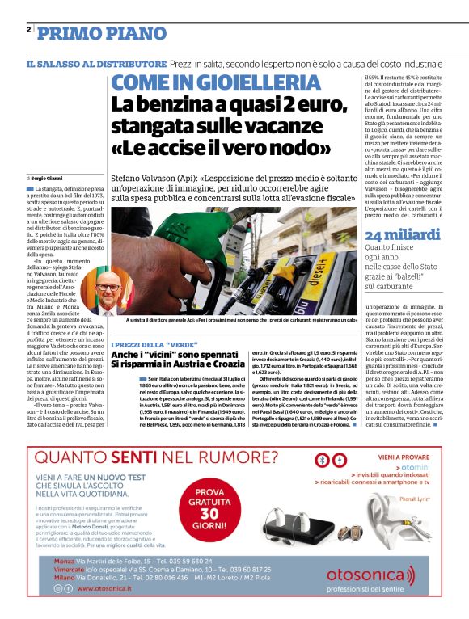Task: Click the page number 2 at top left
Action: (x=29, y=30)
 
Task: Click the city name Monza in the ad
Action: (x=64, y=560)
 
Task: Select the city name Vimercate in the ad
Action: (x=70, y=569)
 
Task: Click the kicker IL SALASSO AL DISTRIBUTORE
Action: (x=96, y=63)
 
